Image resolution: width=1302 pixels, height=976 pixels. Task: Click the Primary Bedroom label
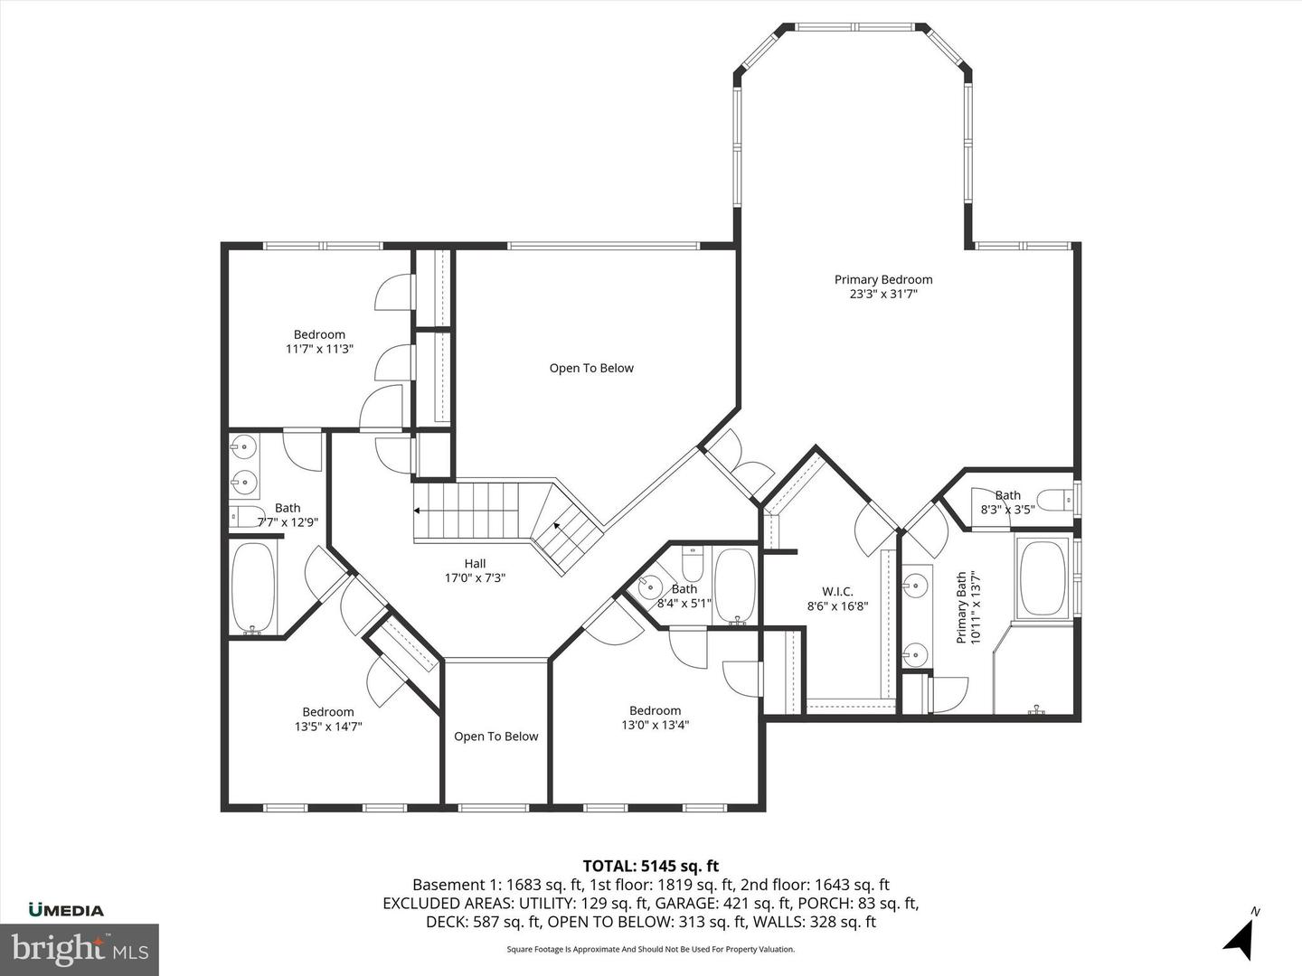(882, 280)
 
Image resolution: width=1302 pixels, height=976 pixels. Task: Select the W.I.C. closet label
(837, 592)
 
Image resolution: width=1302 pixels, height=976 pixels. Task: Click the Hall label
(475, 564)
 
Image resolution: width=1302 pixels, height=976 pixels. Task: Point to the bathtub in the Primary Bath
(1043, 578)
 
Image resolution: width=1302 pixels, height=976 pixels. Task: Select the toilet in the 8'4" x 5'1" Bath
(693, 565)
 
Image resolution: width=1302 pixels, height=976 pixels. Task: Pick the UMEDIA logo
(66, 910)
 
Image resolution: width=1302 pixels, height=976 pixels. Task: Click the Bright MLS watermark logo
(80, 950)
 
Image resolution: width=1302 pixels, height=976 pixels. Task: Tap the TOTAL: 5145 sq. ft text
(650, 867)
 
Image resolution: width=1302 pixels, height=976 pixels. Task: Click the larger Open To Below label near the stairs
(591, 368)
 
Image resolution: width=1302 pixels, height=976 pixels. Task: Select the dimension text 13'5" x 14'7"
(328, 726)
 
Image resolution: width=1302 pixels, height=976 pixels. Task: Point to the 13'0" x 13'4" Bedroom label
(655, 710)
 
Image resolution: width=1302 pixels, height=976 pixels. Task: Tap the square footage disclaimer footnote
(650, 949)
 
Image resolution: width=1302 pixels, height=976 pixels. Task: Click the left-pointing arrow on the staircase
(419, 511)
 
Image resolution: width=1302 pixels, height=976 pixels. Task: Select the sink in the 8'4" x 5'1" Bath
(650, 587)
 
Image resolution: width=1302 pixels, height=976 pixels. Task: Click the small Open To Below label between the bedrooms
(495, 737)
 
